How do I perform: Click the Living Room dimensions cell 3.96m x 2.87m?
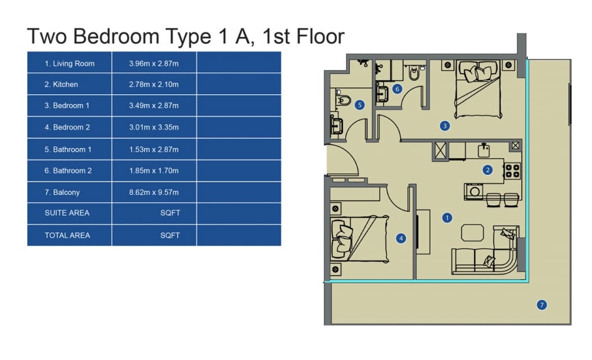(x=154, y=64)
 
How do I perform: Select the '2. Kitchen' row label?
(x=61, y=84)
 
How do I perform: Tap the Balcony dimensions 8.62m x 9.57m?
(x=154, y=192)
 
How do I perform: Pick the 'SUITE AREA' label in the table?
(x=67, y=213)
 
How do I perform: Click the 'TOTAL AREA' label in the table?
(x=67, y=235)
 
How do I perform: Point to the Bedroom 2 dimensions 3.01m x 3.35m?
(x=154, y=127)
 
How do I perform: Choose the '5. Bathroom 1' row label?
(x=68, y=150)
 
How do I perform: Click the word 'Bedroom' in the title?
(x=116, y=36)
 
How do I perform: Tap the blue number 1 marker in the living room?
(x=447, y=218)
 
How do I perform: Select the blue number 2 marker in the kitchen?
(x=487, y=170)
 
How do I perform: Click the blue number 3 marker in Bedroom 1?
(x=445, y=126)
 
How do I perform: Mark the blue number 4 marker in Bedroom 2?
(x=401, y=238)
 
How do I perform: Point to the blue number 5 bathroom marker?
(x=360, y=105)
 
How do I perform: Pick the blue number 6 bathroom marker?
(x=397, y=89)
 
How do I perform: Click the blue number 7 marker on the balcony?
(x=542, y=305)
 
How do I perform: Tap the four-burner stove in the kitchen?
(x=513, y=170)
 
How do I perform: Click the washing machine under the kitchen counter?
(x=474, y=191)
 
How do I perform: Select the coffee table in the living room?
(x=472, y=232)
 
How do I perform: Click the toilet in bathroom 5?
(x=343, y=99)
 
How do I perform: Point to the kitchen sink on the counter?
(x=484, y=150)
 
